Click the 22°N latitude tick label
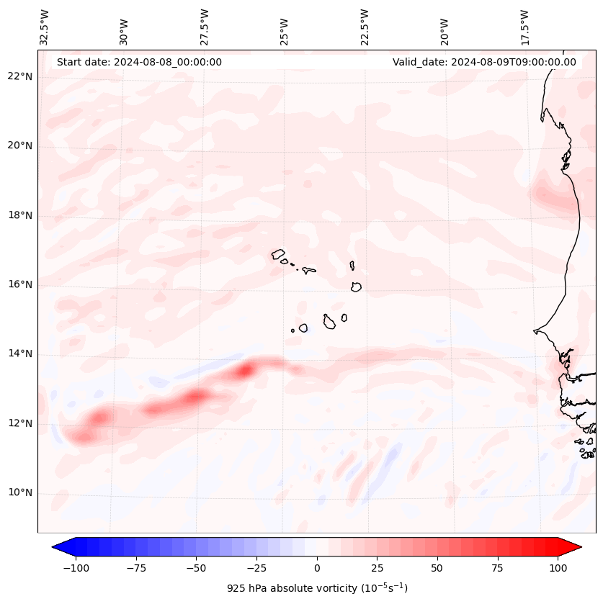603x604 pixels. pyautogui.click(x=19, y=77)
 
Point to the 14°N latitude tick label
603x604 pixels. pyautogui.click(x=19, y=354)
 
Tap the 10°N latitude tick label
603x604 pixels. pyautogui.click(x=19, y=493)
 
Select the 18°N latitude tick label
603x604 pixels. pyautogui.click(x=19, y=216)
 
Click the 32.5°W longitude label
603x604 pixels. pyautogui.click(x=45, y=27)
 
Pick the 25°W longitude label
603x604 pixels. pyautogui.click(x=285, y=27)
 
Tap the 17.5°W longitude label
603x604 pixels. pyautogui.click(x=524, y=27)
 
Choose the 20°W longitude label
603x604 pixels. pyautogui.click(x=445, y=27)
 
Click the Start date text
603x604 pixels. pyautogui.click(x=139, y=62)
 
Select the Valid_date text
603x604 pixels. pyautogui.click(x=484, y=62)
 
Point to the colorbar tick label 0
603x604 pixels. pyautogui.click(x=317, y=568)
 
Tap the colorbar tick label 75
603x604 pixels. pyautogui.click(x=498, y=568)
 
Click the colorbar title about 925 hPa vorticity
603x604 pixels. pyautogui.click(x=317, y=588)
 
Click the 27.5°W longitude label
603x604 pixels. pyautogui.click(x=205, y=27)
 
